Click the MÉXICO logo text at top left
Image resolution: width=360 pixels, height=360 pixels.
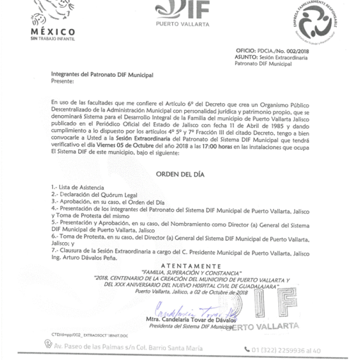point(54,33)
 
